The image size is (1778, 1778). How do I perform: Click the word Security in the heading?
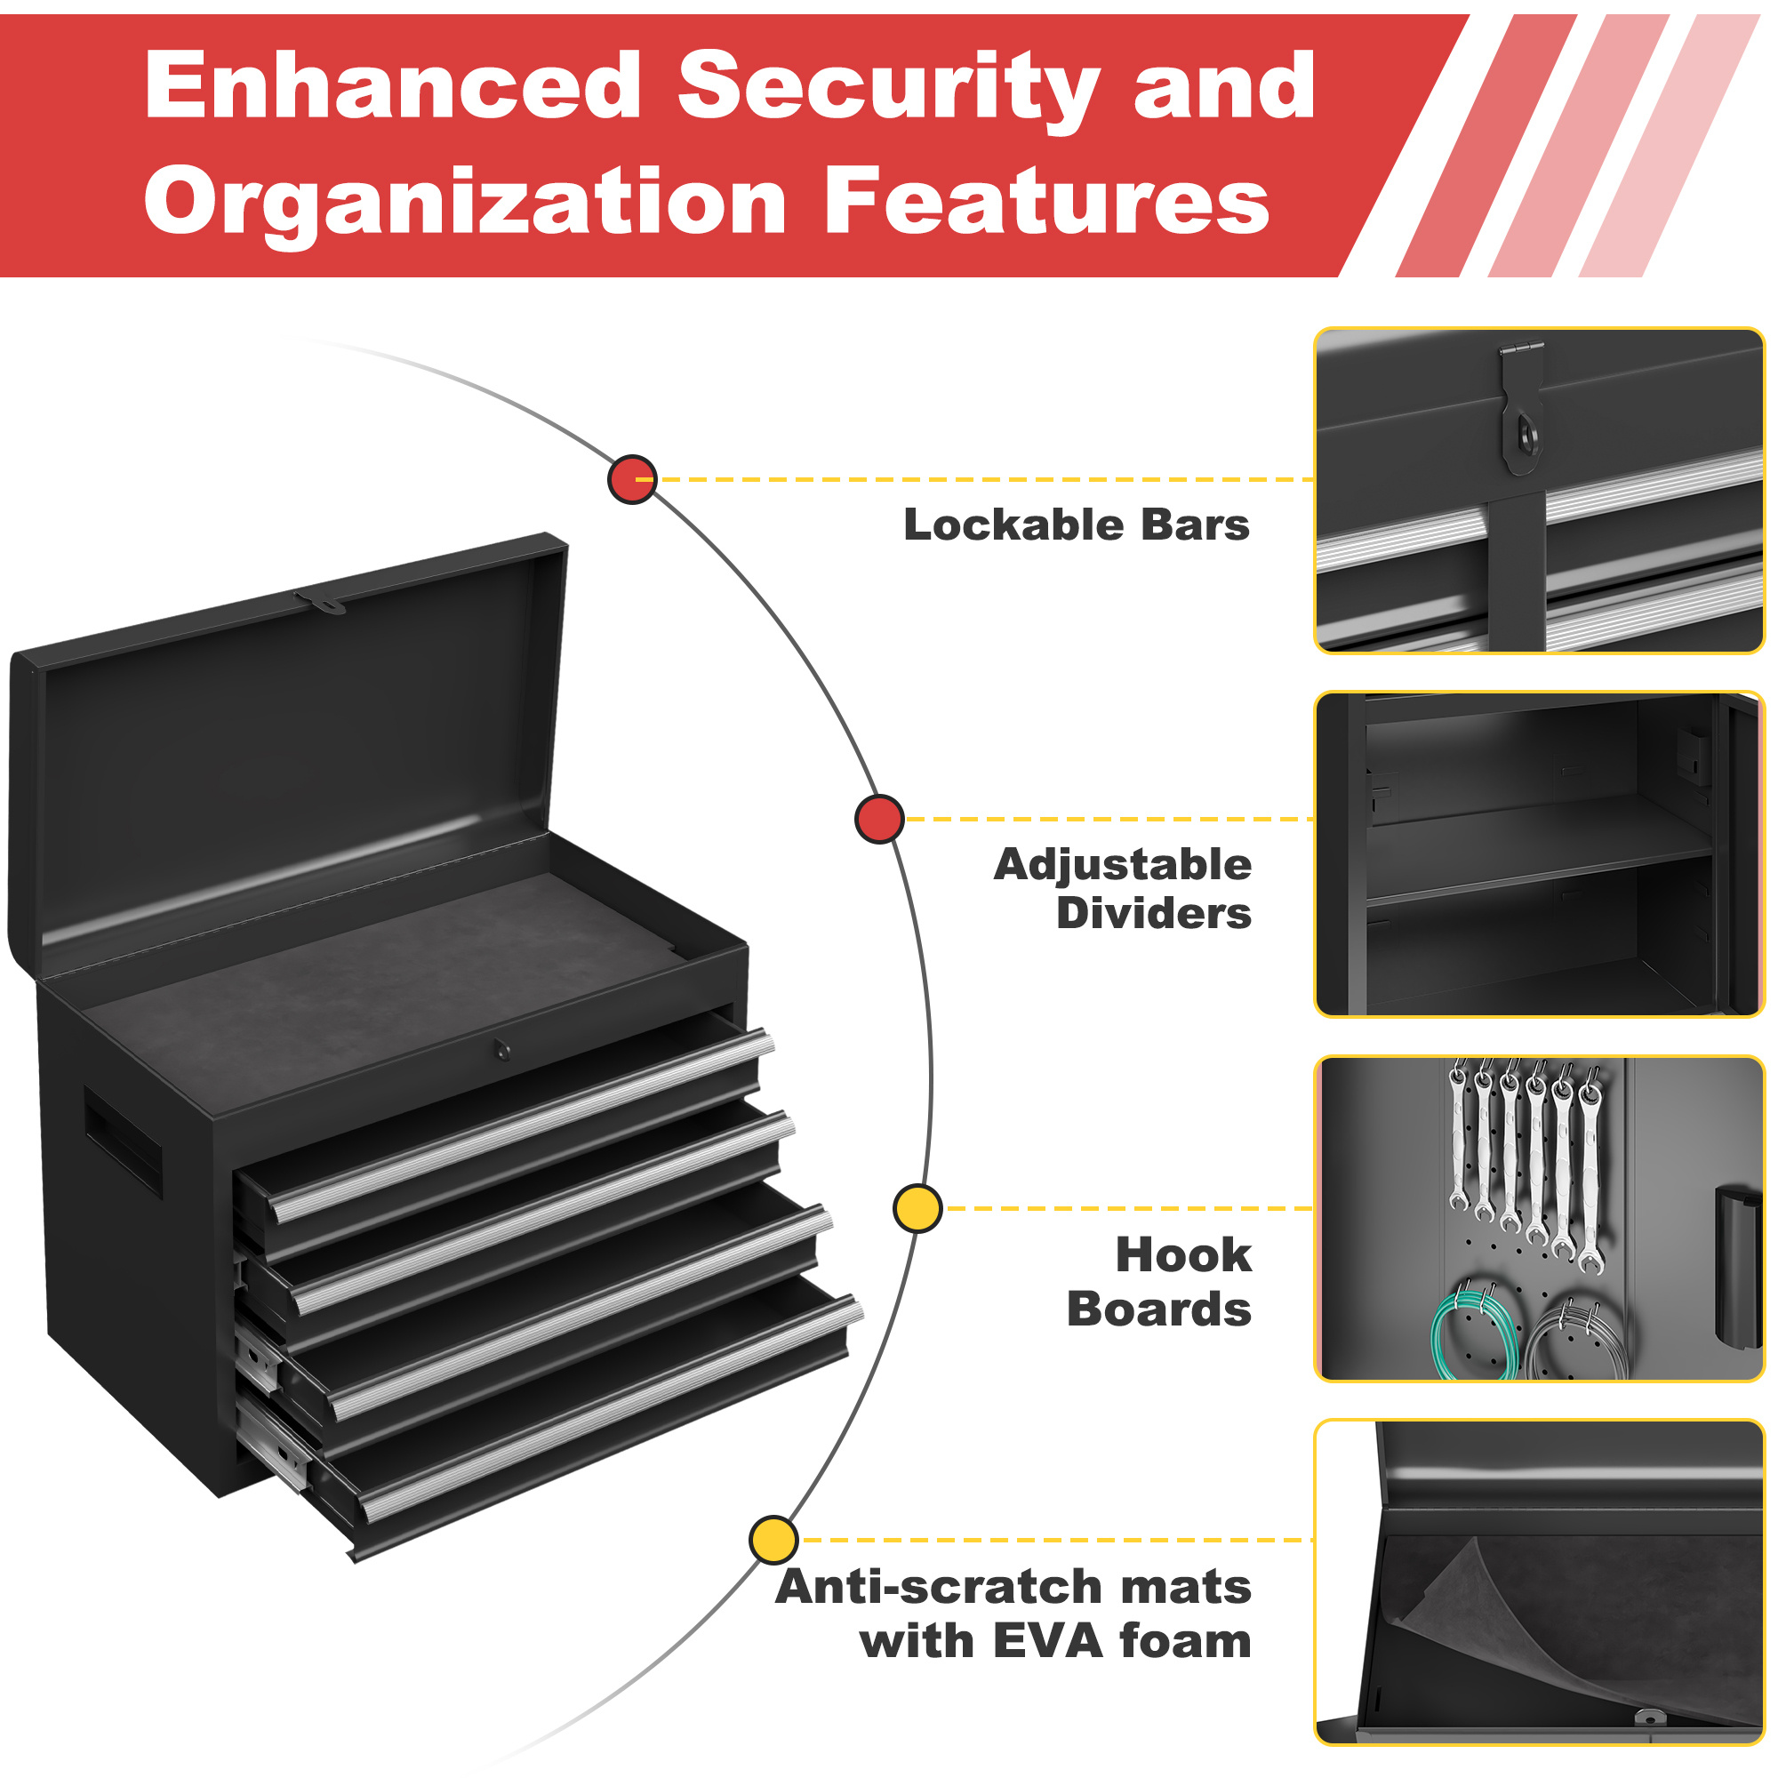coord(888,87)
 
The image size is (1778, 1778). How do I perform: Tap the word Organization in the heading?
coord(465,203)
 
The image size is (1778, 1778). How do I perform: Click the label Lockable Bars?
coord(1076,525)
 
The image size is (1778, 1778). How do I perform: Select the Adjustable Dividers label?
coord(1123,889)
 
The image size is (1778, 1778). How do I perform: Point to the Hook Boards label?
coord(1159,1281)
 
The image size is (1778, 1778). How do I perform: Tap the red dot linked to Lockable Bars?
coord(632,479)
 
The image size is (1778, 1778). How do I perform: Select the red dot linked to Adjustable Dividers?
coord(879,819)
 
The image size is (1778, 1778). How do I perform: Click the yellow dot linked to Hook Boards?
coord(917,1208)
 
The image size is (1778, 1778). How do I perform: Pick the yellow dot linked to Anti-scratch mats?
coord(773,1540)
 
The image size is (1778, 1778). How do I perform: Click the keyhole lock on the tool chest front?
coord(501,1049)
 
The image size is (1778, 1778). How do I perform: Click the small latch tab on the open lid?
coord(321,603)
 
